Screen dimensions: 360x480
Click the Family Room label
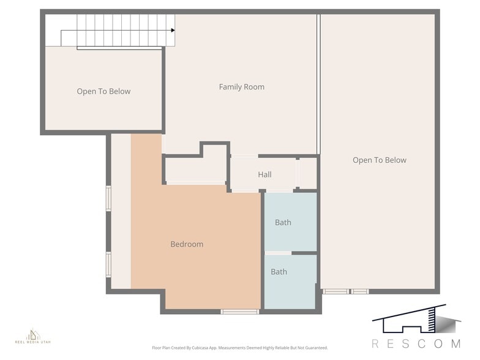(242, 87)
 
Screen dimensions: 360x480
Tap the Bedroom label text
(187, 244)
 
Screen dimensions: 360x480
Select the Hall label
(264, 174)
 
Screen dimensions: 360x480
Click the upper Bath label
(283, 222)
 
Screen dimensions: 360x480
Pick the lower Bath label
(279, 272)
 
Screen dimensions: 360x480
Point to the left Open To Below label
(103, 91)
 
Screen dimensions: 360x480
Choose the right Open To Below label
(379, 160)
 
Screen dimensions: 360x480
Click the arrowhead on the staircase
(173, 30)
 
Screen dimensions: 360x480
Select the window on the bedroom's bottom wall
(239, 312)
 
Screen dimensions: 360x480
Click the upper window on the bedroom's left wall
(108, 198)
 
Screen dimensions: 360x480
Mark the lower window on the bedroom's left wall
(108, 264)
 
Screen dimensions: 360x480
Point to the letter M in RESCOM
(456, 343)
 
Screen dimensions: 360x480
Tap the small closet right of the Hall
(307, 174)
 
